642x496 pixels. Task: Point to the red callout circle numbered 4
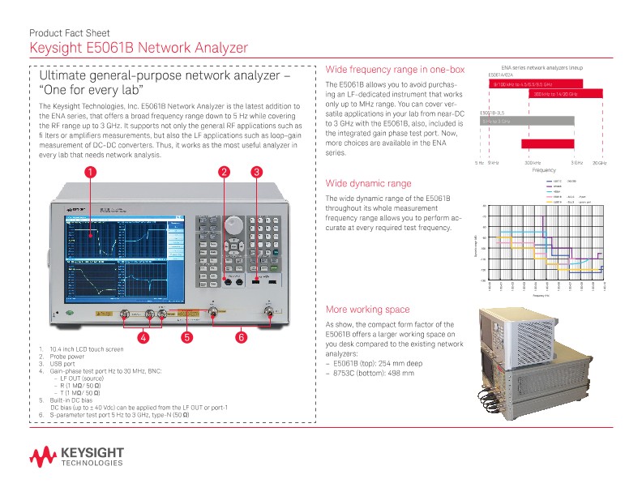tap(143, 336)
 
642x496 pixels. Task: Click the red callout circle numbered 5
tap(186, 336)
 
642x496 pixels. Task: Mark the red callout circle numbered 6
tap(241, 336)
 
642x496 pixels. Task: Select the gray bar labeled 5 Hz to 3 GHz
tap(527, 121)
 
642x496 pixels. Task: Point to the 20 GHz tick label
tap(599, 163)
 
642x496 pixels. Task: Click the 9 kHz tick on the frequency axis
tap(493, 163)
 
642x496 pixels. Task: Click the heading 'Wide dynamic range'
tap(367, 183)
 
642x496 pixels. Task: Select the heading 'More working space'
tap(367, 310)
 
